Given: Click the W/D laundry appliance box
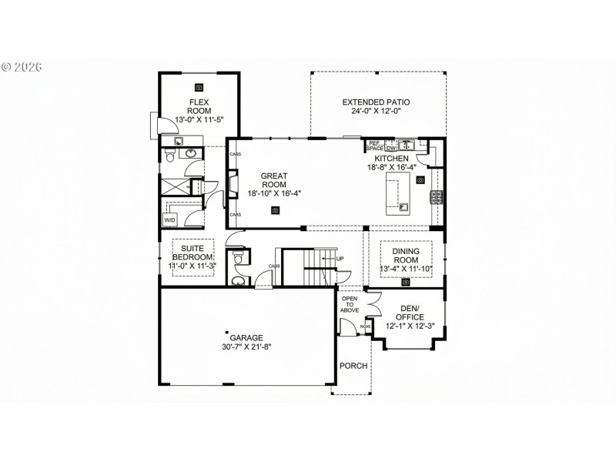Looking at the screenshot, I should (169, 219).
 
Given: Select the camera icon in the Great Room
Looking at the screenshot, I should (275, 210).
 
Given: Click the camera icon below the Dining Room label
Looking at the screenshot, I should (405, 282).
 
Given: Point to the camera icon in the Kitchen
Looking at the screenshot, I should (420, 179).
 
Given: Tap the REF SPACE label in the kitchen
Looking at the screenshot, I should (375, 145).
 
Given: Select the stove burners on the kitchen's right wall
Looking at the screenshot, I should (437, 197).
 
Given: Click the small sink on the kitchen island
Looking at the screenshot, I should (403, 206).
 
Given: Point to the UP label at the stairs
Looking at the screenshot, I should (340, 258).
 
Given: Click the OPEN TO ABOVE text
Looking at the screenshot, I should (350, 305).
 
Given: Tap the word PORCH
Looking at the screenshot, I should (353, 366).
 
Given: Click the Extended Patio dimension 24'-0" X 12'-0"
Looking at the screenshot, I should (376, 111).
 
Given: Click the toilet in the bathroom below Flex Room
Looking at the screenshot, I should (170, 157).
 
